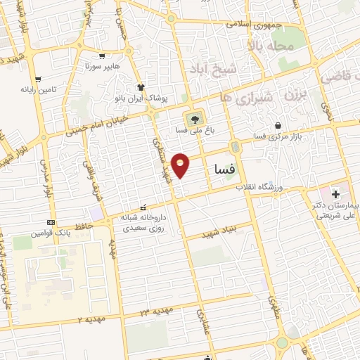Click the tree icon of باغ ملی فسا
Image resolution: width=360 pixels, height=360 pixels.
[193, 117]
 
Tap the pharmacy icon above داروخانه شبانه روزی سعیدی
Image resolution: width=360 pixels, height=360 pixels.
[143, 207]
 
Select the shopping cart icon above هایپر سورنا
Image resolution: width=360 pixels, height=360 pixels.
[103, 57]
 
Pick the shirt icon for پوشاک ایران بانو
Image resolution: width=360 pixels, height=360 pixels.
[141, 88]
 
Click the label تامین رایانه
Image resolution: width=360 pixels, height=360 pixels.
[37, 89]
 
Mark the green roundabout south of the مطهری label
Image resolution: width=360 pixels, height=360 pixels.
[282, 342]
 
